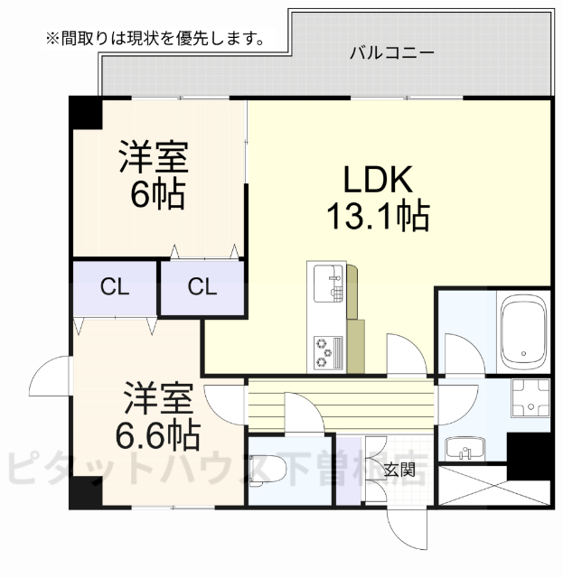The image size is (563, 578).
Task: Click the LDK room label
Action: (x=377, y=178)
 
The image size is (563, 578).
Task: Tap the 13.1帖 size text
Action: (x=377, y=216)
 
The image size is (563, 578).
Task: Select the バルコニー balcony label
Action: (x=392, y=52)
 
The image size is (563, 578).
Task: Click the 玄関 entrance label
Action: (x=399, y=469)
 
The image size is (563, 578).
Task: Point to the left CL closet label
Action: (x=114, y=288)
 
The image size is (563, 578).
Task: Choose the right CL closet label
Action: (x=202, y=288)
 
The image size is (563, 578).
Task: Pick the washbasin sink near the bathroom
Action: (x=464, y=447)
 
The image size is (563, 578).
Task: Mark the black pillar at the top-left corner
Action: (x=87, y=113)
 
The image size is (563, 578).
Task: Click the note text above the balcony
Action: (x=155, y=39)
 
